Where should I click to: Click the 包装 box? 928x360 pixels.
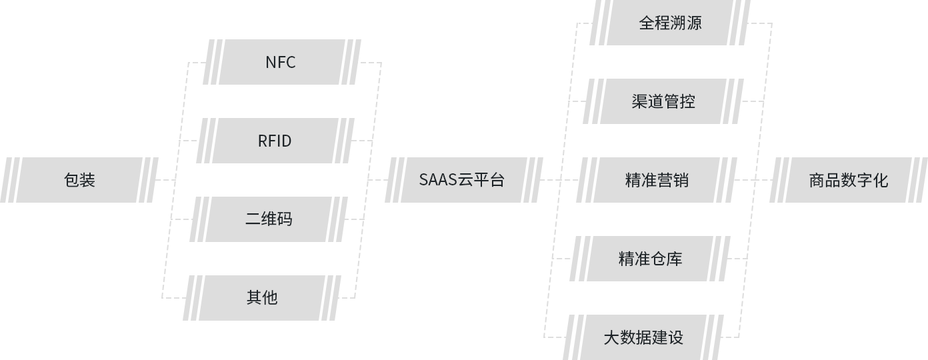(x=79, y=180)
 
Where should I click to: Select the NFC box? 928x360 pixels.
(x=281, y=62)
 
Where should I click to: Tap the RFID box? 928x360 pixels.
(x=274, y=141)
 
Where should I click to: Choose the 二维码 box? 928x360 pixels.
(x=268, y=219)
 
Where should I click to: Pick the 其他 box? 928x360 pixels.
(x=261, y=298)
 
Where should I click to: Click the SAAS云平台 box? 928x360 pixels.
(x=462, y=180)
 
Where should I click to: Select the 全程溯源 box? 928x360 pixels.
(x=670, y=23)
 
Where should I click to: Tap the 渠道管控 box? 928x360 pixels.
(x=663, y=101)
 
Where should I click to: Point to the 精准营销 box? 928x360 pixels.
(x=657, y=180)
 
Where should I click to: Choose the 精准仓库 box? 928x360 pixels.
(x=650, y=259)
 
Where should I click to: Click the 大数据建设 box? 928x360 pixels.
(x=643, y=337)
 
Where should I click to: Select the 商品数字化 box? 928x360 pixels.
(x=849, y=180)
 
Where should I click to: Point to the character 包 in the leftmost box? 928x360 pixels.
(x=71, y=180)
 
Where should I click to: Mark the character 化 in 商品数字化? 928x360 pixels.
(x=881, y=180)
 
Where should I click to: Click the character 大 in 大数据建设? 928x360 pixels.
(x=611, y=337)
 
